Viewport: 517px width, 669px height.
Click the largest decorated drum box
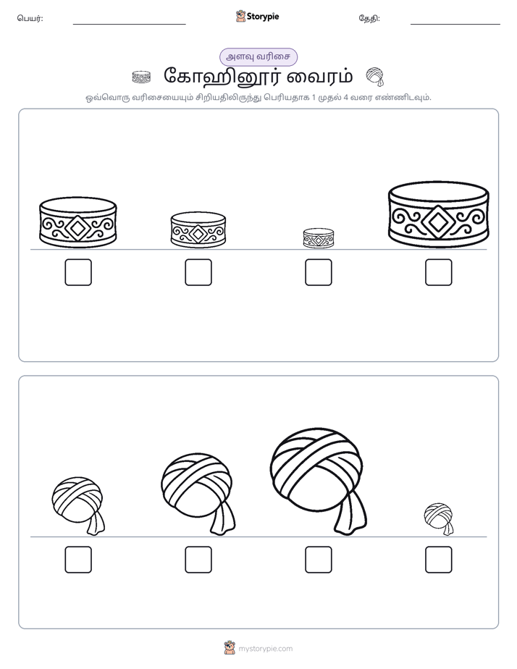point(439,216)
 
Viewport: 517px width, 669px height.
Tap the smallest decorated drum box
point(318,238)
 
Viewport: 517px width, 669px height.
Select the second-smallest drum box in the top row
point(198,230)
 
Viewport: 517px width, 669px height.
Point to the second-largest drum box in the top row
point(78,222)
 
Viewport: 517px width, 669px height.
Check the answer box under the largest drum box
point(439,272)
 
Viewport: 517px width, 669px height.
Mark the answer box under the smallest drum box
point(318,272)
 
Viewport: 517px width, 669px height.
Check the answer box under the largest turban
point(318,560)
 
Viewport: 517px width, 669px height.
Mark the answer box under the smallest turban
point(439,560)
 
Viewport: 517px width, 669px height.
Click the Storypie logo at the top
point(257,17)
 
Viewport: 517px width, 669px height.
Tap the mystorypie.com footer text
point(265,649)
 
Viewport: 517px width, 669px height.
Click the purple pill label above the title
point(258,56)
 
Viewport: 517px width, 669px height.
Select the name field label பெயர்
point(30,18)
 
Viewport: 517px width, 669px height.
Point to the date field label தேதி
point(369,18)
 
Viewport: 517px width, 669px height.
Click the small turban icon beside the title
point(375,77)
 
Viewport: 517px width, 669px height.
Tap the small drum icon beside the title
point(141,77)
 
